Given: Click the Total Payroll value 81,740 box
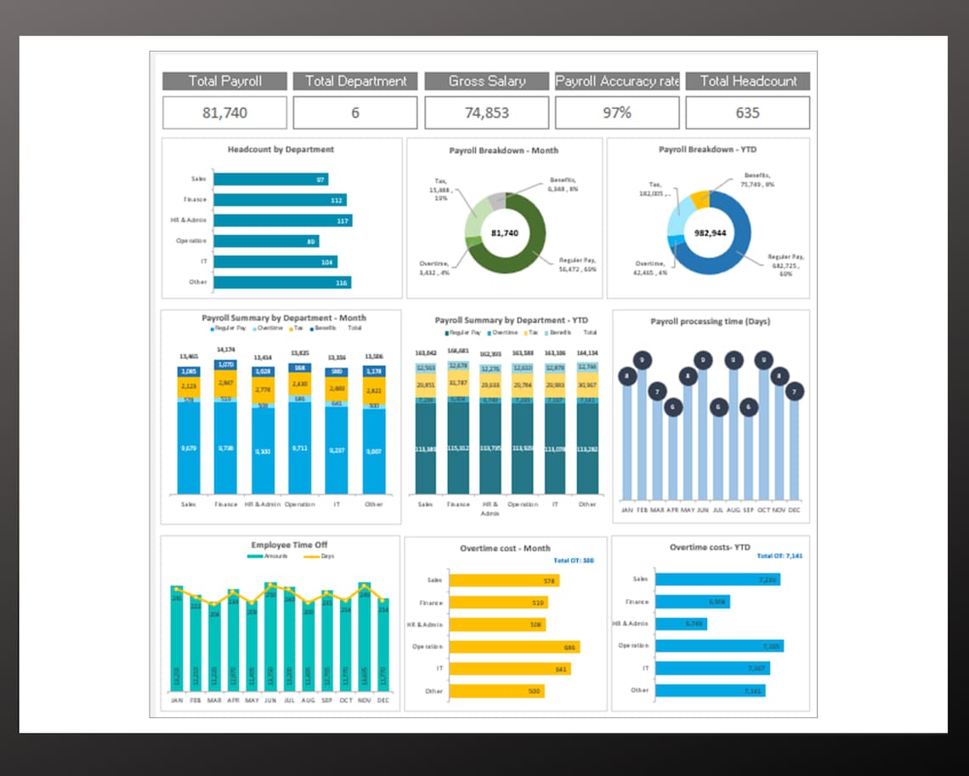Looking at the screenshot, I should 225,112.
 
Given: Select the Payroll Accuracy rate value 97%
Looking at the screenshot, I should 617,112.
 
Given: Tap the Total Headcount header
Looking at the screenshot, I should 748,81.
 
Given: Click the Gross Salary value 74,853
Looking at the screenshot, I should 487,112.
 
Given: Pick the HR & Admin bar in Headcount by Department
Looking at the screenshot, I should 282,220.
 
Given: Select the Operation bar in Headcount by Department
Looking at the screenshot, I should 266,241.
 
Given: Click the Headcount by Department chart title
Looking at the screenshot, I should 280,150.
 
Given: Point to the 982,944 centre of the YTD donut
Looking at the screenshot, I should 711,232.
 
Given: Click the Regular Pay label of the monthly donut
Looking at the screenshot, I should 577,264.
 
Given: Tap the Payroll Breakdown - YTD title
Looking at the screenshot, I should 708,150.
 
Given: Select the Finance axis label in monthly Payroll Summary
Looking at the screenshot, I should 226,505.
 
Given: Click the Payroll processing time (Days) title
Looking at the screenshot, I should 711,322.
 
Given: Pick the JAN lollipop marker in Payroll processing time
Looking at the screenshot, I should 627,375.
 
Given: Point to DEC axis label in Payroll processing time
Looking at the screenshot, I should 794,510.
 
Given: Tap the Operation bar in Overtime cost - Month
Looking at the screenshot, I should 514,647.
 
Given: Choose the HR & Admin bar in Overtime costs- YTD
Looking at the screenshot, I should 681,624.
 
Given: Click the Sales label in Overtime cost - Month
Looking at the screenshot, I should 434,580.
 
